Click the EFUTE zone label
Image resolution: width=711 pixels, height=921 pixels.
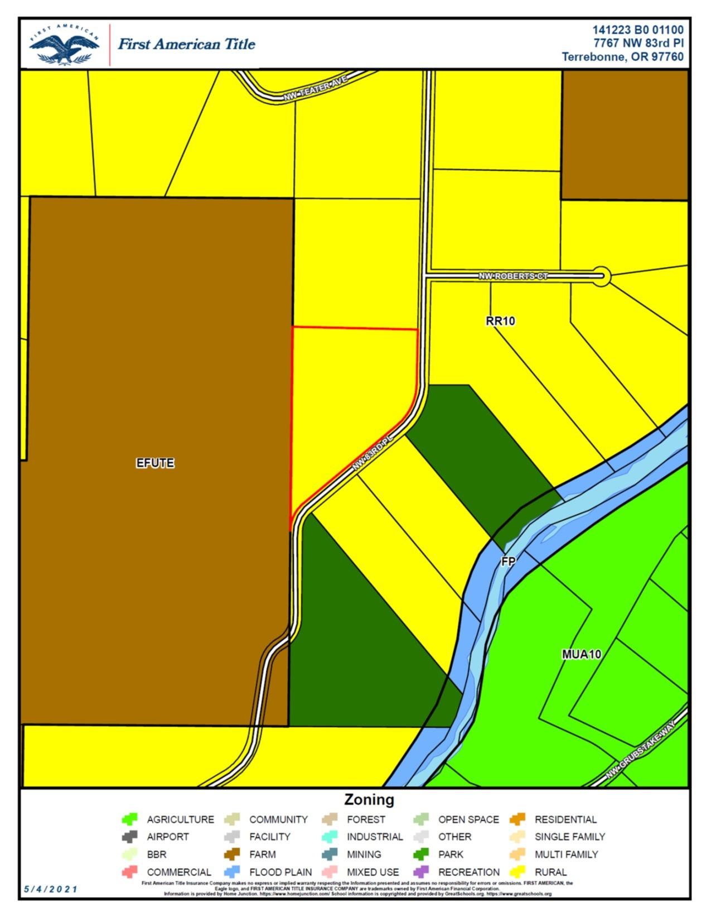tap(155, 463)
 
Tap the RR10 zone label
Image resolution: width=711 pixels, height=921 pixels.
tap(500, 321)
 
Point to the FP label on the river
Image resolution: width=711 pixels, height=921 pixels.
tap(508, 561)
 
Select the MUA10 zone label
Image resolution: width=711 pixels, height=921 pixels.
tap(581, 654)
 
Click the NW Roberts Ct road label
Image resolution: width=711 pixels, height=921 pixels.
tap(513, 276)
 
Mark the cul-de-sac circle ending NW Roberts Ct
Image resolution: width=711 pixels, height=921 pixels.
tap(601, 276)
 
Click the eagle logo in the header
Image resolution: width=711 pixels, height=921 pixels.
tap(65, 45)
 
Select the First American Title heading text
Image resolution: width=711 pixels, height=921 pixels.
tap(186, 44)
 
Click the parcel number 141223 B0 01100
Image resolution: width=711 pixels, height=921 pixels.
tap(637, 30)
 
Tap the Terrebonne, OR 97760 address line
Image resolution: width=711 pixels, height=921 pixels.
tap(622, 57)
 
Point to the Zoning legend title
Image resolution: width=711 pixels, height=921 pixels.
tap(369, 799)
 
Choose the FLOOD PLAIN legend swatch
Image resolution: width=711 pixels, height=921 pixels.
tap(232, 871)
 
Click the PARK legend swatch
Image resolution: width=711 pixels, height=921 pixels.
tap(421, 854)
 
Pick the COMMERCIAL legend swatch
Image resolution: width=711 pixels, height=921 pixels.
tap(129, 871)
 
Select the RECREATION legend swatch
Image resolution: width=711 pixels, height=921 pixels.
tap(421, 871)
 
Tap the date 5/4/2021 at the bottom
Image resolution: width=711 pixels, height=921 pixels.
tap(51, 889)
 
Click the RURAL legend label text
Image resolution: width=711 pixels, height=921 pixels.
tap(550, 872)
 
